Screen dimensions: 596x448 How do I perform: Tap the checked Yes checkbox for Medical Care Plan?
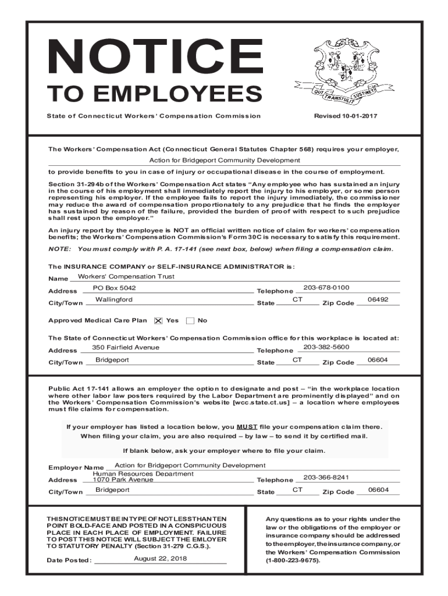point(158,321)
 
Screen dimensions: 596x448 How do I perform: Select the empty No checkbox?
point(190,321)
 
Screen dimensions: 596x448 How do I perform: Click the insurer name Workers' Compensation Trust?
point(126,276)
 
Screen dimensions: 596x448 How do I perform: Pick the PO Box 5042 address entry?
point(114,288)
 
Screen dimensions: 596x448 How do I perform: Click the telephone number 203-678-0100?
point(326,288)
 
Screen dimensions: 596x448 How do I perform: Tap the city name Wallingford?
point(114,300)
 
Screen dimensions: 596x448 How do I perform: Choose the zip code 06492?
point(378,299)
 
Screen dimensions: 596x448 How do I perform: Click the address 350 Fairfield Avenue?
point(126,347)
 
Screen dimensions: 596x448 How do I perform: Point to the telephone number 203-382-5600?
point(326,347)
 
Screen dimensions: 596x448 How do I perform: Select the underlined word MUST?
point(247,426)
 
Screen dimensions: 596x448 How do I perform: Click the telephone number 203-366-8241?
point(326,477)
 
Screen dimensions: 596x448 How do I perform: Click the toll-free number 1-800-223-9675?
point(293,560)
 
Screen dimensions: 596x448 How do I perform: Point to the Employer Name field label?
point(76,468)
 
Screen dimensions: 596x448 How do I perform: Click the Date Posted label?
point(70,561)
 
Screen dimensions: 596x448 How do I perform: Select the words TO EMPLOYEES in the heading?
point(155,94)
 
